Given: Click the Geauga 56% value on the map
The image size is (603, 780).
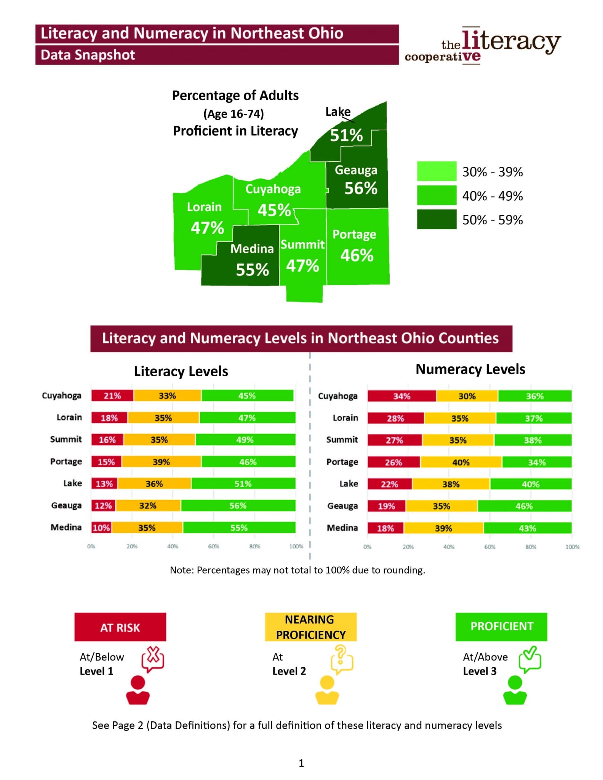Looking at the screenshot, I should pos(360,188).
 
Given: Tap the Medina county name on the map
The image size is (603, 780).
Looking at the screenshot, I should pos(252,249).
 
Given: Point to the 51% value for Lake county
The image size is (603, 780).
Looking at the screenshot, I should pos(346,135).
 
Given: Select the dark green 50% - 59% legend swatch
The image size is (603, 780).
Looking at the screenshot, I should pos(436,219).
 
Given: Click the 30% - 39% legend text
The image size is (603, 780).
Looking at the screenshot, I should pos(492,172).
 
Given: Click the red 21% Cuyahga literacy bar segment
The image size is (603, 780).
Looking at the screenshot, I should pos(112,396).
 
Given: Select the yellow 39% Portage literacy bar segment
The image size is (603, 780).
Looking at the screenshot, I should pos(161,462).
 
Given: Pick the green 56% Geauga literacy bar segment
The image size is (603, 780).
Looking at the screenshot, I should pos(238,506).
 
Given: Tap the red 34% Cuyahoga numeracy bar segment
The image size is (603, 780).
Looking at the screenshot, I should pos(401,396).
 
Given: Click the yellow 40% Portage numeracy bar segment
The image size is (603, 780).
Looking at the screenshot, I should pos(461,462).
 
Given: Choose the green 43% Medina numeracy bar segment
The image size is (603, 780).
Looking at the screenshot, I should pos(527,528).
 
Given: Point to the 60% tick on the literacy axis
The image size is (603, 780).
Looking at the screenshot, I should pos(213,546).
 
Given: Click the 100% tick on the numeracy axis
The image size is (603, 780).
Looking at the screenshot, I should pos(572,547).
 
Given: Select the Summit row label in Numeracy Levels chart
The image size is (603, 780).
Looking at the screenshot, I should pos(342,440).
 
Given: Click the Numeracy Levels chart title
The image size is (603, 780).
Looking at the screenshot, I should pos(470,369).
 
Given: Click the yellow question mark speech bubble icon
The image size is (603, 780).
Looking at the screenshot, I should pos(342,659).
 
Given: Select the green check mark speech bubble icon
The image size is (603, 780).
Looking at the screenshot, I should pos(530,659).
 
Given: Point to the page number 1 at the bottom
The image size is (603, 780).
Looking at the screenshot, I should pos(301,763).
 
